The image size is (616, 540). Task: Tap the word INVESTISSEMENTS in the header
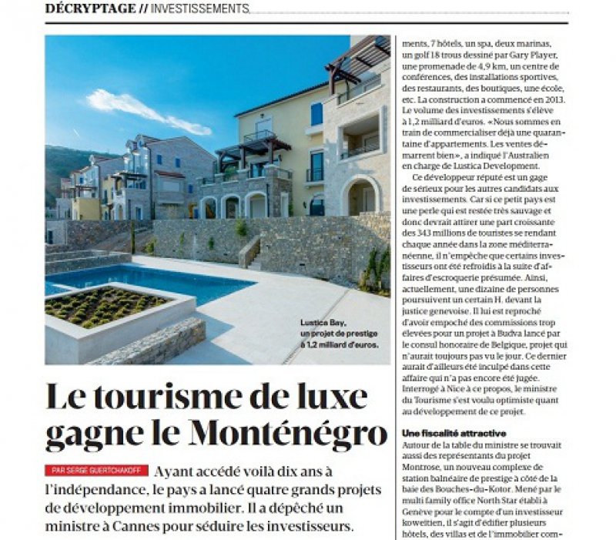pos(200,8)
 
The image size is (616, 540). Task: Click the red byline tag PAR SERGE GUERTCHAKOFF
pos(95,470)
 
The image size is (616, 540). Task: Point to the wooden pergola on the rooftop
pos(357,59)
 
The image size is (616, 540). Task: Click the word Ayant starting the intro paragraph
pos(175,471)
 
